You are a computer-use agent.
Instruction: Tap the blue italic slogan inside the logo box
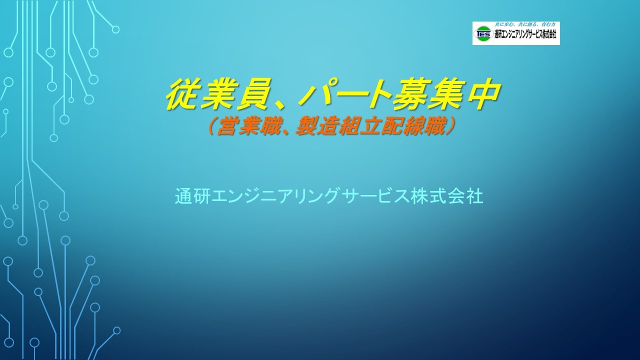[x=525, y=25]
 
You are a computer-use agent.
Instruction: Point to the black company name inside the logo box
[x=525, y=34]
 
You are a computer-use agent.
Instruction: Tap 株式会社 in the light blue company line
[x=446, y=195]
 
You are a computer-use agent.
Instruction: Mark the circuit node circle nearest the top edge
[x=115, y=29]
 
